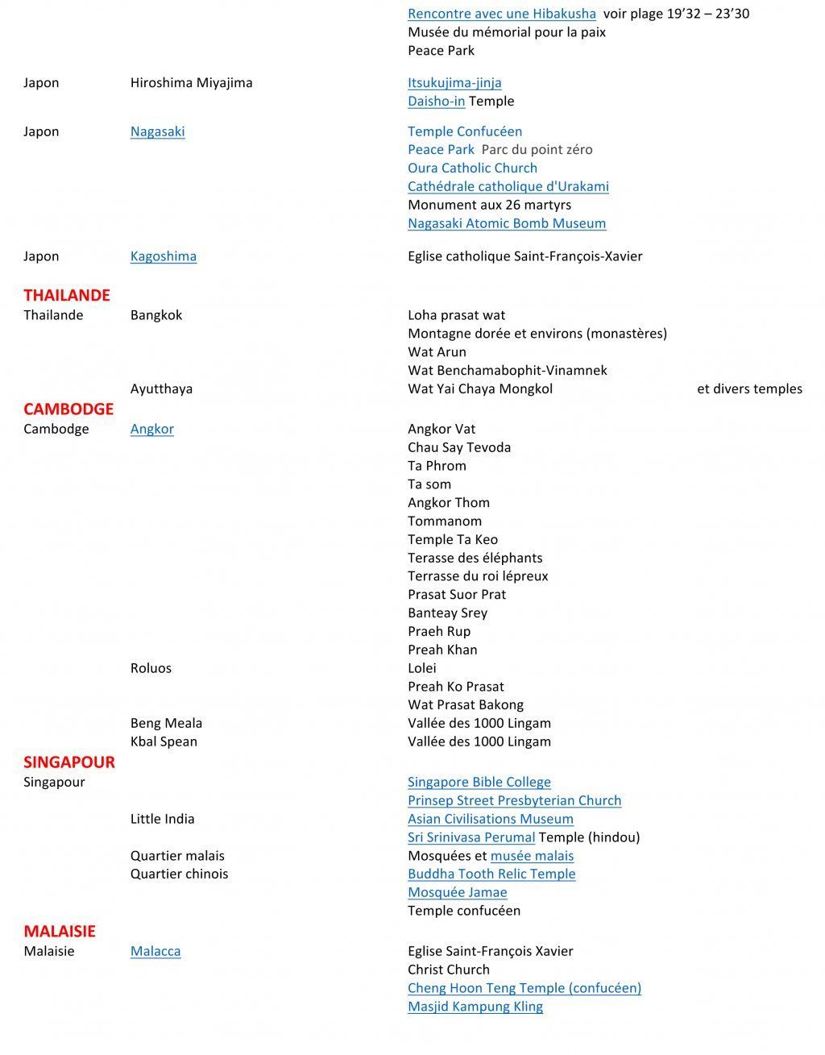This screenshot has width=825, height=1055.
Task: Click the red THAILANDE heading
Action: tap(66, 295)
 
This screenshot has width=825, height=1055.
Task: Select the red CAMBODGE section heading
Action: tap(68, 409)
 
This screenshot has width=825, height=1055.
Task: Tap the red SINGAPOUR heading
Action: tap(68, 762)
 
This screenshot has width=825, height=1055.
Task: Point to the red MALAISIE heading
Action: tap(60, 931)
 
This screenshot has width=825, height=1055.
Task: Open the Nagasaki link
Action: tap(157, 131)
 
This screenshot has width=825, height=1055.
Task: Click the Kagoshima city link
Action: tap(163, 256)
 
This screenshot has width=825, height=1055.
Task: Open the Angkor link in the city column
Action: tap(151, 429)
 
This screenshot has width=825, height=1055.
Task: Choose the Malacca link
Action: tap(155, 951)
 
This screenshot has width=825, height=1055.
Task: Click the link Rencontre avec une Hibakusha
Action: tap(501, 14)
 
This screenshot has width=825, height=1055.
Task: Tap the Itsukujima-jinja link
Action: tap(454, 82)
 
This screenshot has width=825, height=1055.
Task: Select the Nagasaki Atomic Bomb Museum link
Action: tap(506, 223)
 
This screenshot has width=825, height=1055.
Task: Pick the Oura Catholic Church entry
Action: tap(472, 168)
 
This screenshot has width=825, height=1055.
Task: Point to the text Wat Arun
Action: tap(437, 351)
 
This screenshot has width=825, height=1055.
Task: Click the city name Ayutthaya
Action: tap(161, 388)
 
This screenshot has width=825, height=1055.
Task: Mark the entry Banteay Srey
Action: tap(447, 613)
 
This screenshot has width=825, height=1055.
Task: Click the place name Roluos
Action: tap(151, 668)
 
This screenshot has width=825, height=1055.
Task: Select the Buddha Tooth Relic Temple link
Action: tap(491, 874)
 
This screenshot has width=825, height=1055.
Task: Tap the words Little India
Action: tap(162, 819)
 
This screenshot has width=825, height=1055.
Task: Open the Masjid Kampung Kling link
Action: tap(475, 1006)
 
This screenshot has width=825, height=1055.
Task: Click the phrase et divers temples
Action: tap(749, 388)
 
